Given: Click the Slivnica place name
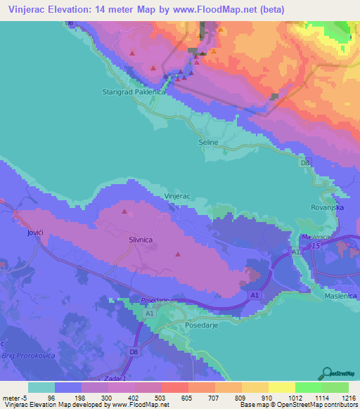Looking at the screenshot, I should click(x=141, y=240).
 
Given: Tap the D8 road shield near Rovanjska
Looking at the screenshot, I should click(x=304, y=163).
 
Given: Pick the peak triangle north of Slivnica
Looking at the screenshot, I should click(x=125, y=211).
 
